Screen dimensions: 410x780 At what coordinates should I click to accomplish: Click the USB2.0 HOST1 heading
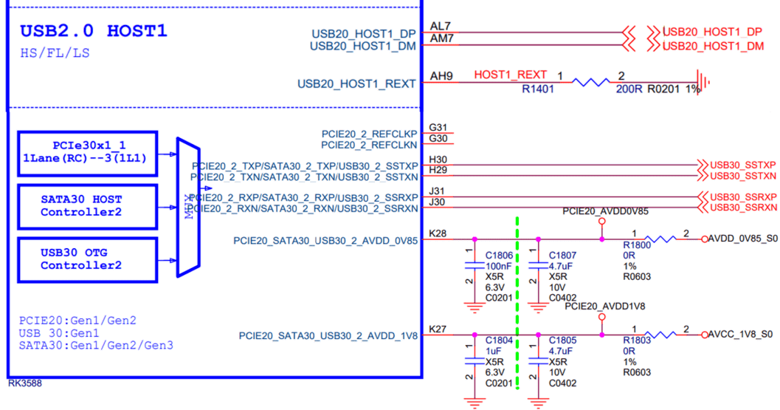[94, 31]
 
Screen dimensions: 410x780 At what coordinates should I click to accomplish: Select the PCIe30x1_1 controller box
[88, 154]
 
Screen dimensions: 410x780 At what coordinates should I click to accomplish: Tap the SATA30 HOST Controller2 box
[88, 206]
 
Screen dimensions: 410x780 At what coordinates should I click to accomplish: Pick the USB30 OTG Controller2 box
[88, 259]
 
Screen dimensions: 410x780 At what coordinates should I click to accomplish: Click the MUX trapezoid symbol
[188, 208]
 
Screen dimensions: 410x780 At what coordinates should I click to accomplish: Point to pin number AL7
[440, 26]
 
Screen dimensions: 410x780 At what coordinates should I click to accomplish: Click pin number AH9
[441, 75]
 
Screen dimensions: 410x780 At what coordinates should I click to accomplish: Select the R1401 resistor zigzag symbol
[590, 82]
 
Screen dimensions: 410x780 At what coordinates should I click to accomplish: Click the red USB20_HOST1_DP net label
[712, 33]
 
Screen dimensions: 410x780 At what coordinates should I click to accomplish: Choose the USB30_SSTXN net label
[743, 177]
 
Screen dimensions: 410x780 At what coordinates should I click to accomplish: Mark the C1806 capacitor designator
[499, 256]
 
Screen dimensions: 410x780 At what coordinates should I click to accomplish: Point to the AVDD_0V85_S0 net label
[742, 239]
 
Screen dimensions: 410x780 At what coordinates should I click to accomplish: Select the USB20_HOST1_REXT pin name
[356, 84]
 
